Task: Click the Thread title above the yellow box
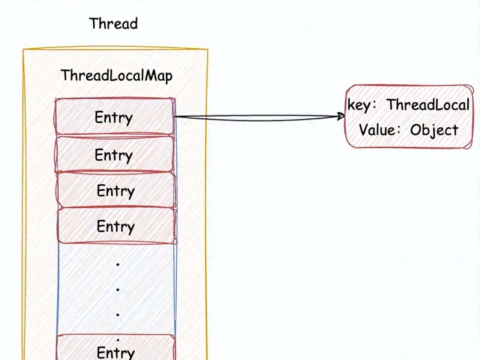[114, 24]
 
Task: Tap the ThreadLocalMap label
[117, 75]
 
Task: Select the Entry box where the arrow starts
[114, 117]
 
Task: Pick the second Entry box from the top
[114, 154]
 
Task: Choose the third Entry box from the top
[115, 190]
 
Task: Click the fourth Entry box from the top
[115, 226]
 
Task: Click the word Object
[434, 130]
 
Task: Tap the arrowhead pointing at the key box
[341, 116]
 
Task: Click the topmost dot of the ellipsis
[118, 264]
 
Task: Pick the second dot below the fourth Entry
[118, 289]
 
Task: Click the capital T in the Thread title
[94, 24]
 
